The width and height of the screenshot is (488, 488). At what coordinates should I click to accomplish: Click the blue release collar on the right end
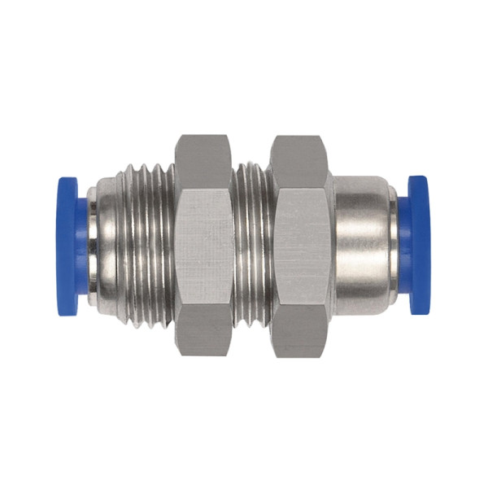417,245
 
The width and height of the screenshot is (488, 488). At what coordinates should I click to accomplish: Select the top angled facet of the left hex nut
204,162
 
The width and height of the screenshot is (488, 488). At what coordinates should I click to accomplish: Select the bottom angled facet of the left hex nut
204,329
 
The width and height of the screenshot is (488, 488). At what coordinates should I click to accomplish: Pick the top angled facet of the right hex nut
299,162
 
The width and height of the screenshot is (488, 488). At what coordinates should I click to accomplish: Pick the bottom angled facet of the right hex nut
299,329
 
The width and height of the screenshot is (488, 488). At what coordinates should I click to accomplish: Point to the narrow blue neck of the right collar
403,245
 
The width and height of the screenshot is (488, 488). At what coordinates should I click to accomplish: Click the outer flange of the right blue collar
420,245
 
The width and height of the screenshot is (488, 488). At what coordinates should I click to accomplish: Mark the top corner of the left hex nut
204,136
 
